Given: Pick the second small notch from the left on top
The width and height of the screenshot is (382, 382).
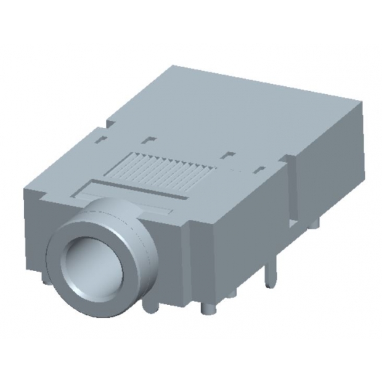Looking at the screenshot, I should [150, 139].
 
